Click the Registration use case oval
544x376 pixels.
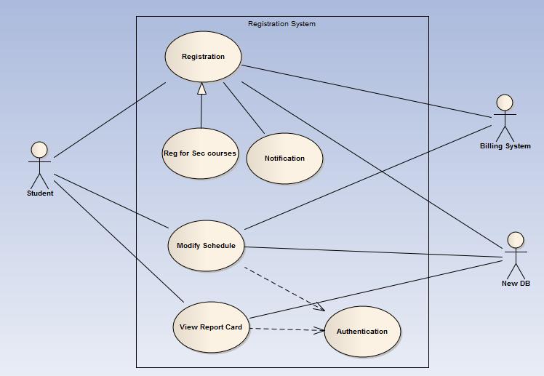pos(203,57)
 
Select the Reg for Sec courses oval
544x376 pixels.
pos(200,153)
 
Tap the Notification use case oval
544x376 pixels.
pos(284,159)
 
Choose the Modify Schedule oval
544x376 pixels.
pos(206,246)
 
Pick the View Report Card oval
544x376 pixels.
pos(211,327)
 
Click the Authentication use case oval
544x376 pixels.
pos(362,332)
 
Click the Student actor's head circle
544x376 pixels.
pos(39,150)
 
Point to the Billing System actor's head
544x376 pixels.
pos(504,103)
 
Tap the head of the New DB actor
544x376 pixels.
pos(515,240)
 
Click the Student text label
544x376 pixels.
pos(40,193)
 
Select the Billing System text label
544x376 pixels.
pos(505,146)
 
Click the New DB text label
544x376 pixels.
pos(515,284)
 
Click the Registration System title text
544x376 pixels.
pos(281,24)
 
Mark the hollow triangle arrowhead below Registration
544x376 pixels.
pos(201,89)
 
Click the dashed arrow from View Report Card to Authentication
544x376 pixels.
pos(287,329)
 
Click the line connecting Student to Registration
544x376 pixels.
pos(109,120)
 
